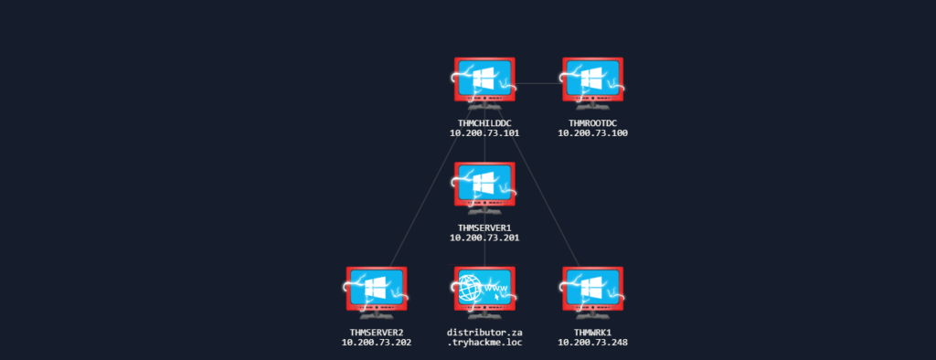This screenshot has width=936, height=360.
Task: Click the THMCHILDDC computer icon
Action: point(484,83)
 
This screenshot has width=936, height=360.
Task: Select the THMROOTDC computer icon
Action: point(592,83)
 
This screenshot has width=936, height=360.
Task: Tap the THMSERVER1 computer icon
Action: point(484,187)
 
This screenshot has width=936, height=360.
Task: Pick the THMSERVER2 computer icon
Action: point(376,292)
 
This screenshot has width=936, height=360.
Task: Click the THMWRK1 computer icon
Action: point(592,292)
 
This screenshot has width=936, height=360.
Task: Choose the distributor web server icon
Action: point(484,292)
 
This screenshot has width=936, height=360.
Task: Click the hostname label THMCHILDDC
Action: point(484,123)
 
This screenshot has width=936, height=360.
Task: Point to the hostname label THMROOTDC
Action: point(592,123)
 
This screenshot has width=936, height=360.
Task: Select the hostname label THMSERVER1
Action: point(484,228)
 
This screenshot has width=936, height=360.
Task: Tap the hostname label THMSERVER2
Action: point(376,332)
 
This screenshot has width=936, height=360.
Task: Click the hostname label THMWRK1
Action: point(592,332)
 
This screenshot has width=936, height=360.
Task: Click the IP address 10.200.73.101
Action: point(484,133)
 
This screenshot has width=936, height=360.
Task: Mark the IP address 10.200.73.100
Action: point(592,133)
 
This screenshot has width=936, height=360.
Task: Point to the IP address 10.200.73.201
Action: point(484,238)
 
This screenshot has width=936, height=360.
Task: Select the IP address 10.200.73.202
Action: point(376,343)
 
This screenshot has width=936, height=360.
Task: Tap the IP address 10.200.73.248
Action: point(592,343)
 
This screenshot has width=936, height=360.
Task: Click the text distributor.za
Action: point(484,332)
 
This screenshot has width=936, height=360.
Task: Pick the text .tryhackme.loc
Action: point(484,343)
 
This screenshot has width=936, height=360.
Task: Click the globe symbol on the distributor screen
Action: point(471,290)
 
